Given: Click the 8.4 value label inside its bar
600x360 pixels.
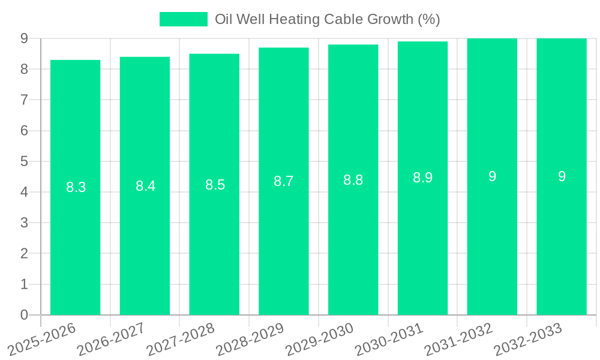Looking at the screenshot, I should [x=145, y=186].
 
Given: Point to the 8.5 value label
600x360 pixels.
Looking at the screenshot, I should [x=215, y=185].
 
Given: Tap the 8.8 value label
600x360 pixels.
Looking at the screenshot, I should [x=353, y=180].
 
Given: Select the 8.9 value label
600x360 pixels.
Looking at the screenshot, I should [x=422, y=178].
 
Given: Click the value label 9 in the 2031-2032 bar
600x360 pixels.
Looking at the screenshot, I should [x=492, y=176].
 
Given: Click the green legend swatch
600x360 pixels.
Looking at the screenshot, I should [x=183, y=19].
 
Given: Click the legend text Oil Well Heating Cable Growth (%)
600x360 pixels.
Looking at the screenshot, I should [x=328, y=19].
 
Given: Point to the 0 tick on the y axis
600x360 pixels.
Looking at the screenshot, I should [x=24, y=315].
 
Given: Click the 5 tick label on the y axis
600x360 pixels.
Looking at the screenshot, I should [x=24, y=161].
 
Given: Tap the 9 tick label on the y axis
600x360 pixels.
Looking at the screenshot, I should [x=24, y=38].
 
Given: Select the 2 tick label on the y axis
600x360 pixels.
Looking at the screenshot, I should [x=24, y=254].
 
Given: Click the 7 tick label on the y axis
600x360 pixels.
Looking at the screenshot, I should [x=24, y=100].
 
